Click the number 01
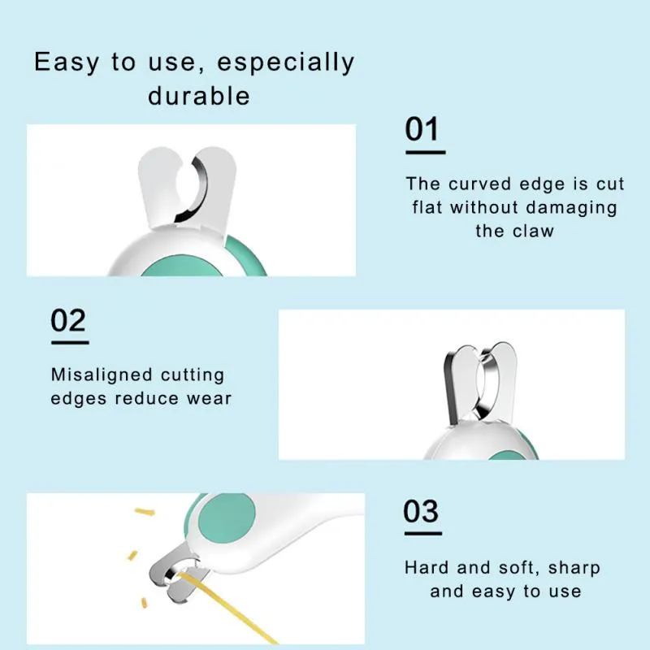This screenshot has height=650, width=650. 422,130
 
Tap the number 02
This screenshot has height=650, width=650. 68,320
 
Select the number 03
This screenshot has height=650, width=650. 421,512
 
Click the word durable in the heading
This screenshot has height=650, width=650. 199,96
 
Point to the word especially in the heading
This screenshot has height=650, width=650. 286,63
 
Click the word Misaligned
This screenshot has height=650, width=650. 102,375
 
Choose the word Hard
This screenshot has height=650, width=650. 427,567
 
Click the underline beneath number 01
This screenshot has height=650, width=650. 425,152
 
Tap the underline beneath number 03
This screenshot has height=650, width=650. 422,534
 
